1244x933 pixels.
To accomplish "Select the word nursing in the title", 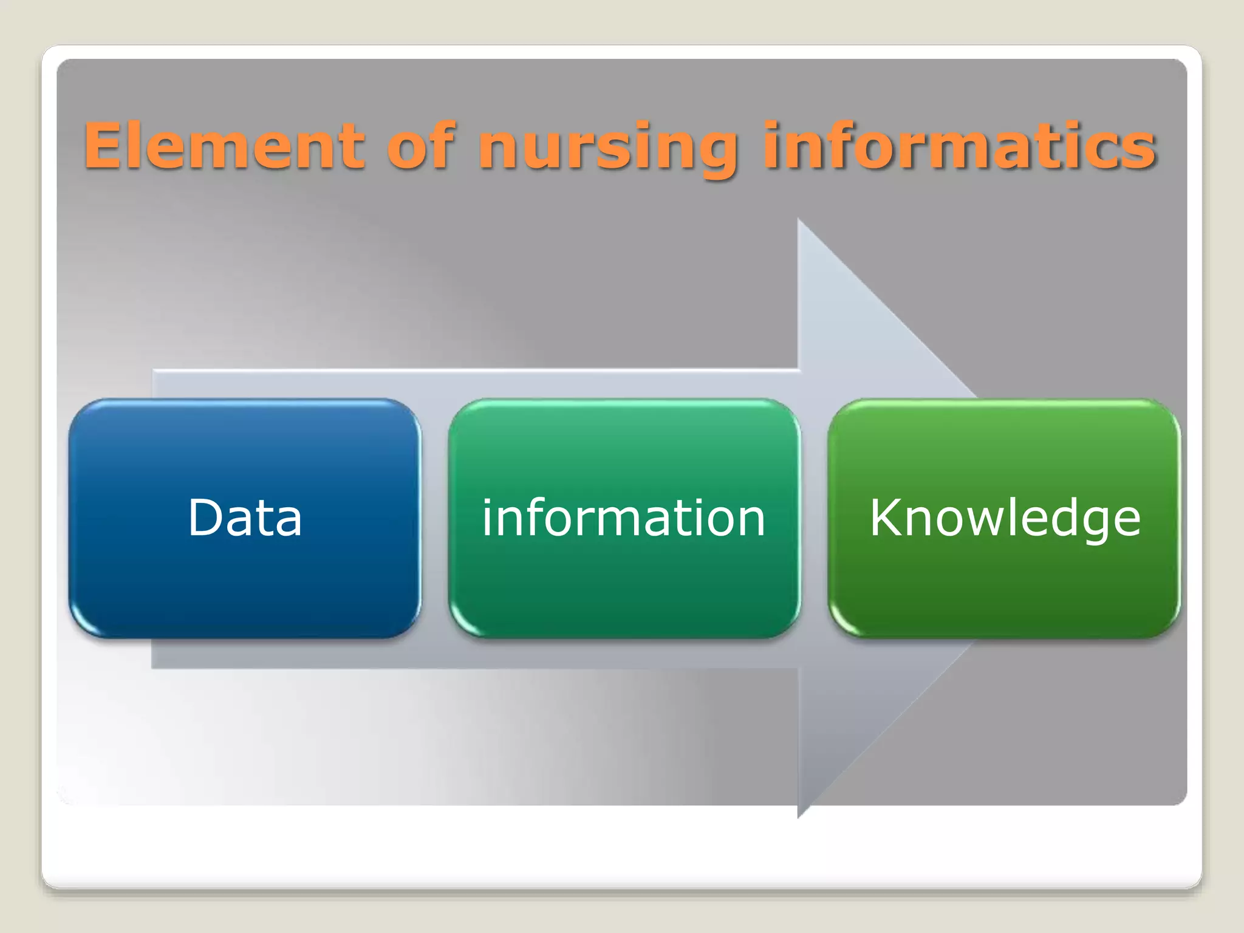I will (607, 149).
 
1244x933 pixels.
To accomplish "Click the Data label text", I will (245, 518).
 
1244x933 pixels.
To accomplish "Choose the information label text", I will (624, 518).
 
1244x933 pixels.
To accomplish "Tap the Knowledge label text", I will (1005, 518).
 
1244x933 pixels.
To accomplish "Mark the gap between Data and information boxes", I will (434, 518).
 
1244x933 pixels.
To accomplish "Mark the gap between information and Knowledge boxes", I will (814, 518).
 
